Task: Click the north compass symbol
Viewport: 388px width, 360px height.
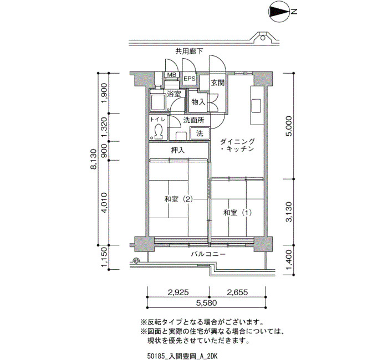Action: (279, 12)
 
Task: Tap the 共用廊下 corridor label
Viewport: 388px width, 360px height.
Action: (190, 52)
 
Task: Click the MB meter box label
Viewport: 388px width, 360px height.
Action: (171, 75)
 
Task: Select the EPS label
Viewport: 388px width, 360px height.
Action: (190, 79)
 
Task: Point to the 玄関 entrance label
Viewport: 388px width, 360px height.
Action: (217, 83)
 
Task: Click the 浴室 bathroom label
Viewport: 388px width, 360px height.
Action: (173, 94)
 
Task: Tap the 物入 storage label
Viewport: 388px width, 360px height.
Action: (198, 101)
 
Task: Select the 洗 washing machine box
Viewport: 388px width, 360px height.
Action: (200, 133)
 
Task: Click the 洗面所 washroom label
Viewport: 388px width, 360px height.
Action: (194, 120)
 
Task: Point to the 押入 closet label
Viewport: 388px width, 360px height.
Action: (178, 150)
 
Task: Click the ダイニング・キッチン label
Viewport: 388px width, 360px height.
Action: (237, 145)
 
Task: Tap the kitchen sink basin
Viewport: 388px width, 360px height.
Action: (256, 106)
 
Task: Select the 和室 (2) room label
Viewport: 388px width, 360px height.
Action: (178, 199)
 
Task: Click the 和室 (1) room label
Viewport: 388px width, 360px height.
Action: (238, 212)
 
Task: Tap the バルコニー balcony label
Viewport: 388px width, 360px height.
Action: (208, 254)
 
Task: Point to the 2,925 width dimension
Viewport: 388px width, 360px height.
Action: (178, 292)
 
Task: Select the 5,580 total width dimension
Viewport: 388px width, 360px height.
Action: (206, 302)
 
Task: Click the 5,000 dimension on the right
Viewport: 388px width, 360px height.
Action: (289, 126)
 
